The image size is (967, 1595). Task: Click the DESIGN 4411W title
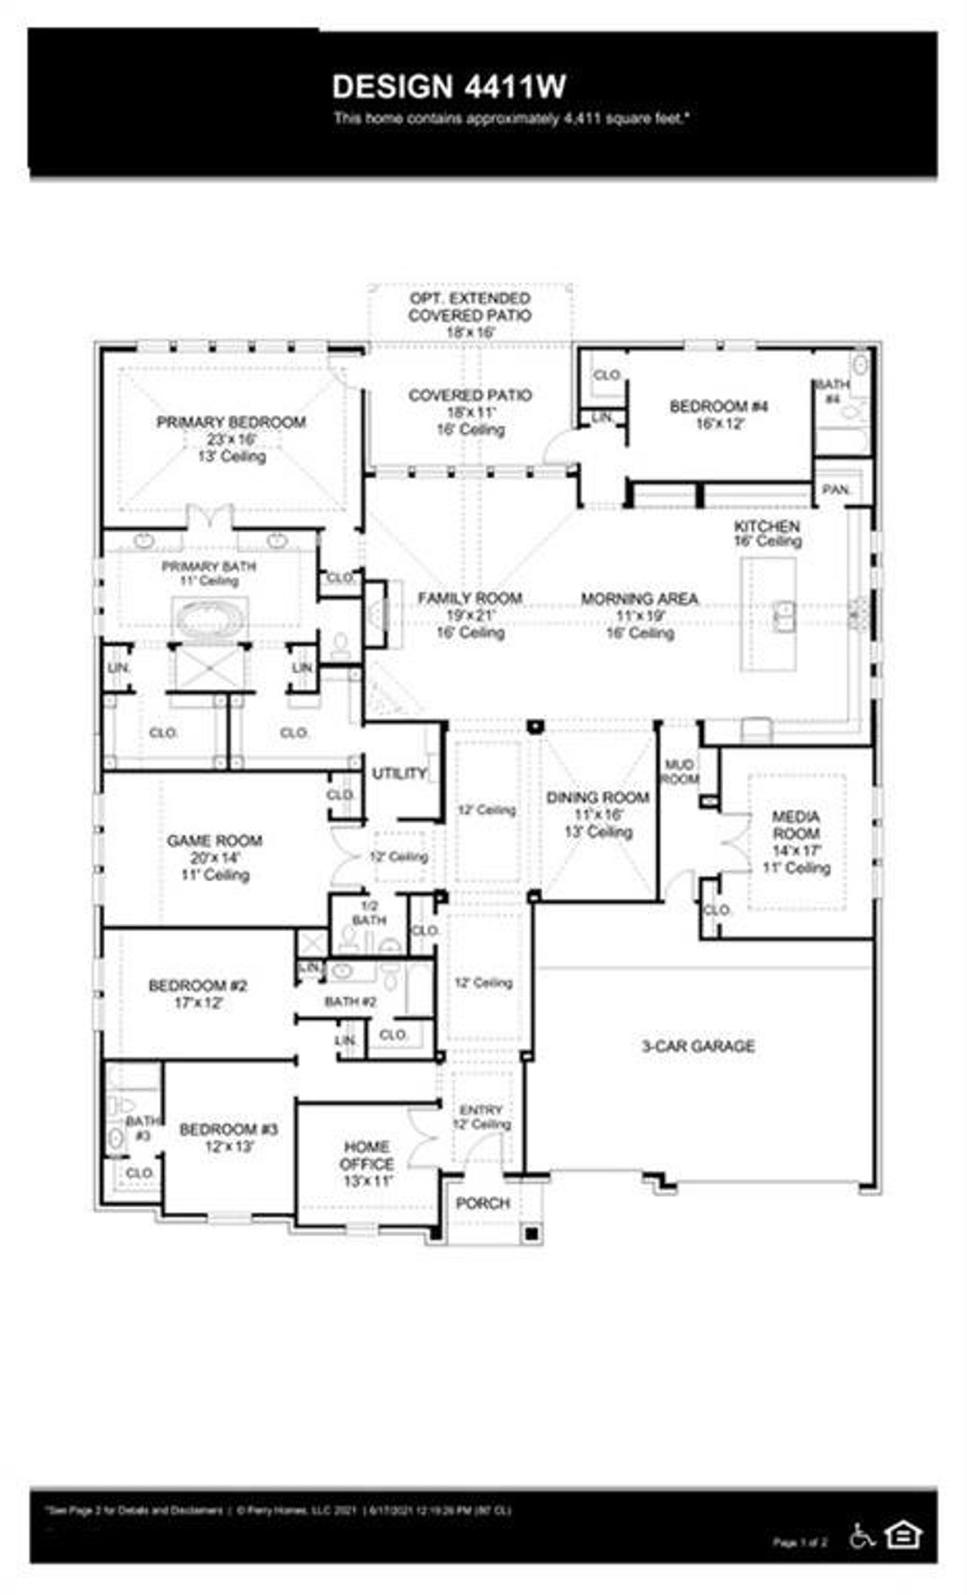click(x=449, y=87)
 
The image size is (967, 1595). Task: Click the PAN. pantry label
click(x=835, y=490)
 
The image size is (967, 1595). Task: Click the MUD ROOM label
click(x=679, y=772)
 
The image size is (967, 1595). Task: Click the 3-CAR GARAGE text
click(x=698, y=1046)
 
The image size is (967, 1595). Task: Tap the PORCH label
click(x=483, y=1203)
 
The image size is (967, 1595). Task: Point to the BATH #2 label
click(x=350, y=1002)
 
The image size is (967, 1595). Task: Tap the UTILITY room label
click(x=399, y=773)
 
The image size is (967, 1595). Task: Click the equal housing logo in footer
click(x=904, y=1534)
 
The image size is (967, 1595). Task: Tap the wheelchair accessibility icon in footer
click(x=862, y=1535)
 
